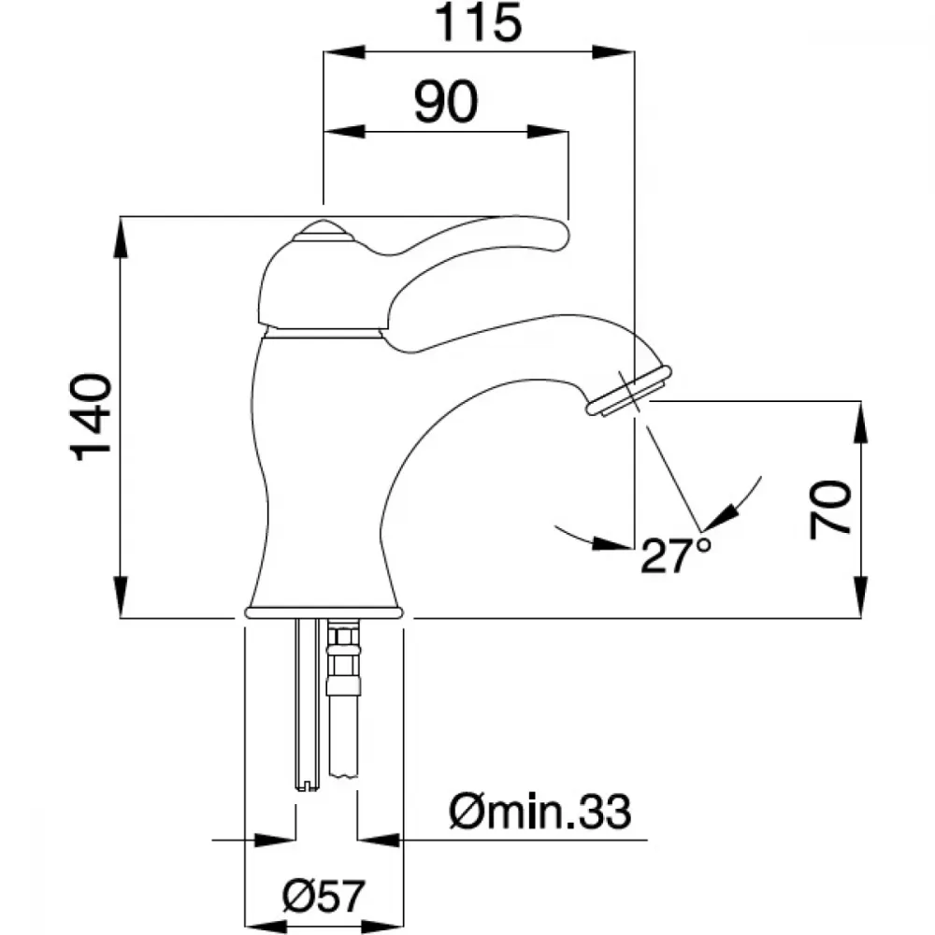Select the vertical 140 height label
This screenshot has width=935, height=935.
(x=92, y=417)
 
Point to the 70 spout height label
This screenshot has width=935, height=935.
(x=829, y=510)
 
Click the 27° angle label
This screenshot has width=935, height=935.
(x=676, y=555)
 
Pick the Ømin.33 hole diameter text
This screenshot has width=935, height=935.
(x=539, y=813)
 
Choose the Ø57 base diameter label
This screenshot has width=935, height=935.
(x=323, y=896)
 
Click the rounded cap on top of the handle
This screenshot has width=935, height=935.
(x=324, y=231)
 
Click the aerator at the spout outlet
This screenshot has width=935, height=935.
(x=629, y=391)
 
